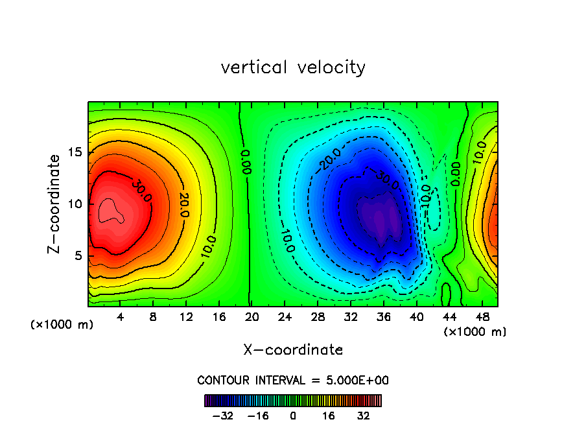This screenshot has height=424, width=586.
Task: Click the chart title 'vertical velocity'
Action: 293,67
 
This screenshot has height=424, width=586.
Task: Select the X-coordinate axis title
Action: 293,350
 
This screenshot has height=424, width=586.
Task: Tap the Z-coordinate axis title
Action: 56,204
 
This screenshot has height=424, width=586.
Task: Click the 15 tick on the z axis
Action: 75,152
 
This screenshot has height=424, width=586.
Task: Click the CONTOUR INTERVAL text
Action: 293,381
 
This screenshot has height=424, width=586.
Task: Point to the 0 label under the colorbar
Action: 293,416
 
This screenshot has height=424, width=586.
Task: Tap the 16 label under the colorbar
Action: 329,416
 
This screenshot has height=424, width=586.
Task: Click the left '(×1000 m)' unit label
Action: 62,324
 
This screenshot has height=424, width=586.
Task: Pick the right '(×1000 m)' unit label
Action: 475,331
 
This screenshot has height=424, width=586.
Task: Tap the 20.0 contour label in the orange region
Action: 184,204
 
